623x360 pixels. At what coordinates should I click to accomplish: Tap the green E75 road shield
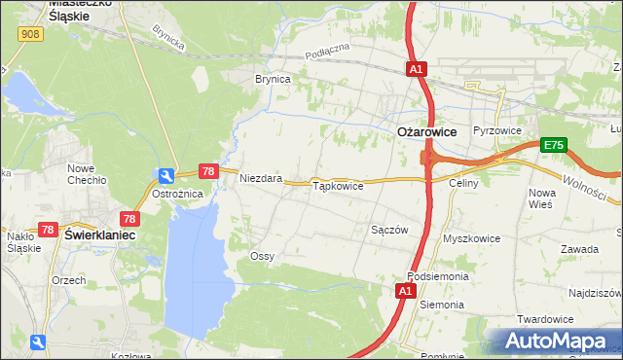[553, 145]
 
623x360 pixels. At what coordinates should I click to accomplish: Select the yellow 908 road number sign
[28, 33]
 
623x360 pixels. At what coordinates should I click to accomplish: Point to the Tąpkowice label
[337, 185]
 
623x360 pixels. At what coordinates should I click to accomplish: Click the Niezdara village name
[261, 179]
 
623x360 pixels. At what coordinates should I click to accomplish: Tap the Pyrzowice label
[497, 130]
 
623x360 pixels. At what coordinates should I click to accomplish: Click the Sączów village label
[389, 230]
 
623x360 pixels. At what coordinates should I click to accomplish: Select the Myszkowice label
[471, 237]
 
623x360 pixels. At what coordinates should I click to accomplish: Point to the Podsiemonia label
[438, 276]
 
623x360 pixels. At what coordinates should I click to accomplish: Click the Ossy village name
[262, 256]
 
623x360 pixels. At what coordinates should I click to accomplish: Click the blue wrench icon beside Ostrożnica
[166, 176]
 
